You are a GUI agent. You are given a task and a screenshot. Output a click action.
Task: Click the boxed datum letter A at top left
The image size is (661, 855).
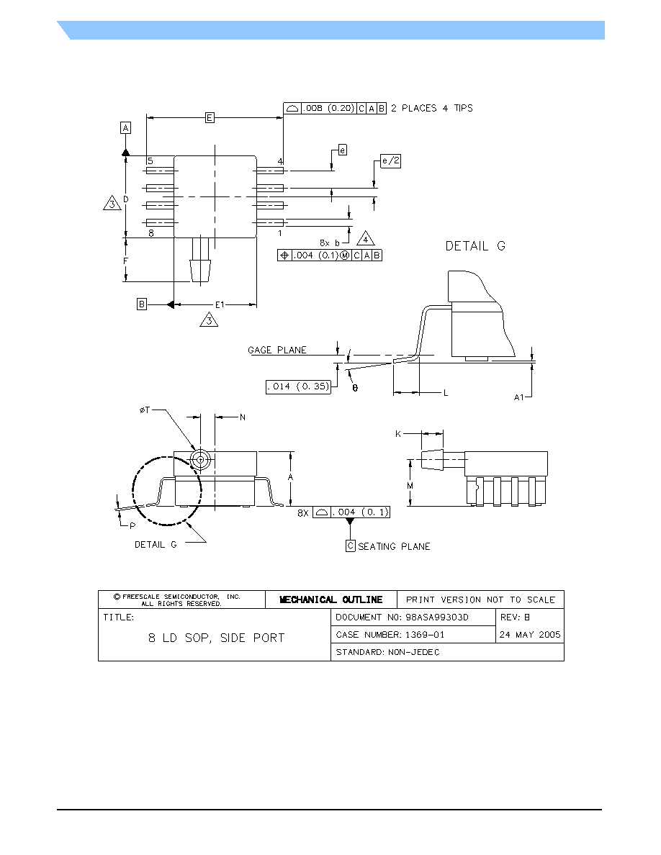click(125, 128)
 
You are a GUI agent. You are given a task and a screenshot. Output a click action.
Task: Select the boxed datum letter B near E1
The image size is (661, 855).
click(142, 304)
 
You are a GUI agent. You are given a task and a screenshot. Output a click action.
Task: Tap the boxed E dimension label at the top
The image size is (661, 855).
click(210, 117)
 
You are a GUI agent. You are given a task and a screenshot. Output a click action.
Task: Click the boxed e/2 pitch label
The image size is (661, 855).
click(390, 161)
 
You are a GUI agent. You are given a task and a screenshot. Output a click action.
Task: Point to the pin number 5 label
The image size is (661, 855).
click(150, 161)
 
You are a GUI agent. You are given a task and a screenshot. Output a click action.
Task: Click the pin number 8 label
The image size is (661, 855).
click(151, 233)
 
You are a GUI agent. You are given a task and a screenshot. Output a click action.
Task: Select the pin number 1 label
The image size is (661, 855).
click(280, 233)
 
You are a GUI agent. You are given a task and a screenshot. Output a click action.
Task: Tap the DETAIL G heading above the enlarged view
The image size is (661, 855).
click(475, 246)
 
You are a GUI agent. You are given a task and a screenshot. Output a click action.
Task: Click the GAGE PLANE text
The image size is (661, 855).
click(277, 350)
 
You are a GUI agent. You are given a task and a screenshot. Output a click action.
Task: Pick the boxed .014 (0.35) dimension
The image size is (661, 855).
click(298, 386)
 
